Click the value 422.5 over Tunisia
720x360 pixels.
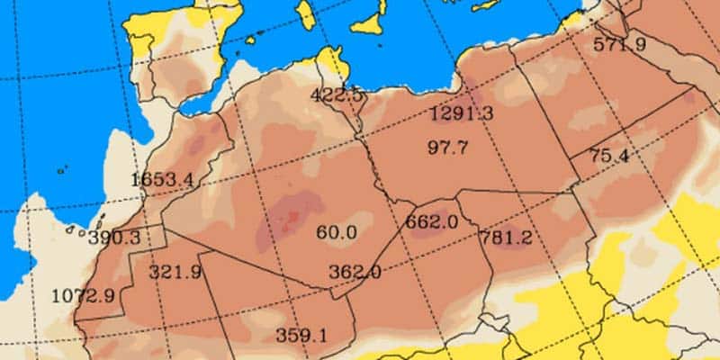[x=336, y=94]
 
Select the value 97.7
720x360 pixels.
[x=447, y=147]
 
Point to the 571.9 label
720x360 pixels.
[x=620, y=44]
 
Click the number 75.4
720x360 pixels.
[x=608, y=156]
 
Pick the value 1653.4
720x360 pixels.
[x=162, y=178]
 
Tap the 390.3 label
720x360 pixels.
[x=114, y=238]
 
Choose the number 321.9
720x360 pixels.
[x=175, y=272]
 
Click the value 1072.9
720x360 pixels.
[x=83, y=294]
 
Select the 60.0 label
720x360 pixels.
[x=337, y=232]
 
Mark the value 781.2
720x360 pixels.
[x=506, y=238]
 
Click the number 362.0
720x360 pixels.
[x=354, y=271]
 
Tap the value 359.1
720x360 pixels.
[x=301, y=335]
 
